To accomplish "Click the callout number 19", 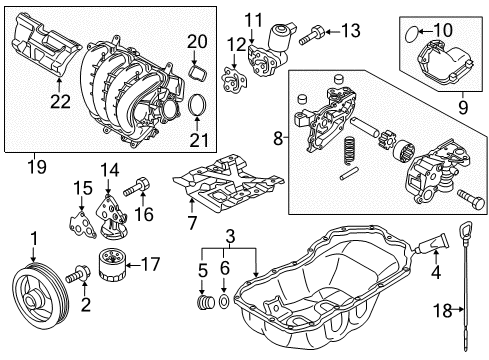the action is tap(37, 166).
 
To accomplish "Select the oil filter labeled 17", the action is tap(112, 266).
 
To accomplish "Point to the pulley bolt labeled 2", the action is tap(78, 275).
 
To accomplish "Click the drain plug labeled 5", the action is tap(205, 302).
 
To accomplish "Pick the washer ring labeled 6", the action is tap(224, 301).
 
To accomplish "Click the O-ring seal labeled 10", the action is tap(411, 34).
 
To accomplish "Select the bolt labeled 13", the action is tap(312, 35).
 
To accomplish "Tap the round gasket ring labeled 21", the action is tap(198, 105).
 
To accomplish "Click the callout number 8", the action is tap(278, 138).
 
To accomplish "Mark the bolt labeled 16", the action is tap(136, 187).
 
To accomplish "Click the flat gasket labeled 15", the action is tap(82, 225).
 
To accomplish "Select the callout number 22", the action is tap(60, 101).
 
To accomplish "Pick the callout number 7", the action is tap(191, 223).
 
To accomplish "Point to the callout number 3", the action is tap(230, 236).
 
